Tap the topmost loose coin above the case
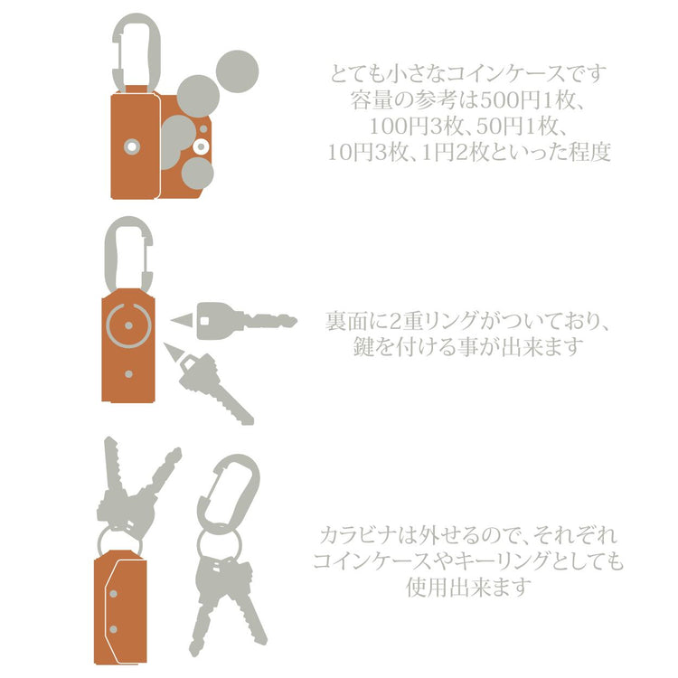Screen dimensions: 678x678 click(x=237, y=71)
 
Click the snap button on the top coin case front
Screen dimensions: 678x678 click(x=132, y=146)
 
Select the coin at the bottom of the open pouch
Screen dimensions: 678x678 click(x=197, y=173)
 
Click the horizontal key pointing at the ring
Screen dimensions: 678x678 click(x=247, y=320)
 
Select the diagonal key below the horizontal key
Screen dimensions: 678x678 click(x=215, y=388)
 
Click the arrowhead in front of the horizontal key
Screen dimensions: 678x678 click(x=183, y=320)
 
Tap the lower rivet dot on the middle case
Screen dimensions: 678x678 click(x=128, y=374)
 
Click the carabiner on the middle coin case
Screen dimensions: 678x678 click(x=109, y=255)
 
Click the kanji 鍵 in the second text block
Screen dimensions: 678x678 click(x=363, y=346)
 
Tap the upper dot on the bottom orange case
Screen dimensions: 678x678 click(x=113, y=594)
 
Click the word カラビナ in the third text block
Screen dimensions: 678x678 click(x=359, y=535)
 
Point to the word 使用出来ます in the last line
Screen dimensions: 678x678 click(x=468, y=587)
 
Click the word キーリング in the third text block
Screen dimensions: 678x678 click(x=497, y=561)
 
